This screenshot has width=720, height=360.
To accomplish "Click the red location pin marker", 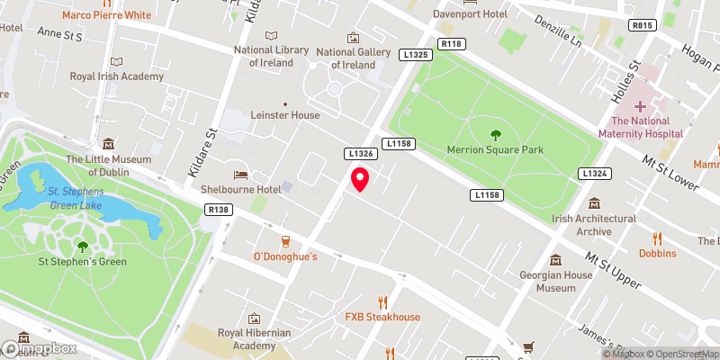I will (360, 179).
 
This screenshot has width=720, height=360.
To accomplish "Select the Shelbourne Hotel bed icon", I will (240, 174).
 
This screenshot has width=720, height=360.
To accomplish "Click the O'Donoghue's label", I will (285, 256).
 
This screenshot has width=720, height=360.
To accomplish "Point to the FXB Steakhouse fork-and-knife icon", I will (382, 301).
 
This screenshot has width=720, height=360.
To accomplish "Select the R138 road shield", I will (217, 210).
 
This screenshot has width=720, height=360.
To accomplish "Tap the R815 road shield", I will (642, 26).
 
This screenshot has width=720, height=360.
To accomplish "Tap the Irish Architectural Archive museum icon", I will (594, 203).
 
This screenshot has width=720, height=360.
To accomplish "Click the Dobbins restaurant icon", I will (658, 238).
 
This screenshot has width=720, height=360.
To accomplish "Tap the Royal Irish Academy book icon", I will (115, 61).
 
